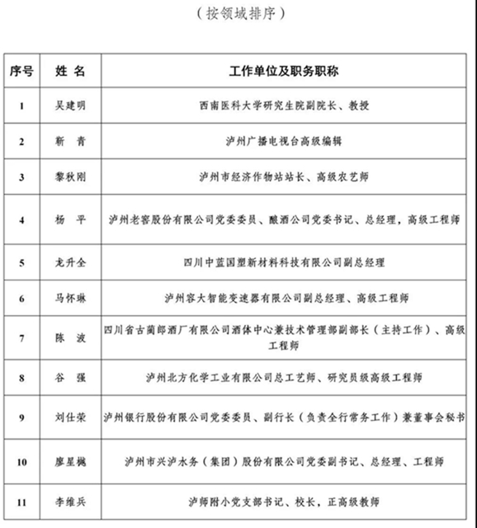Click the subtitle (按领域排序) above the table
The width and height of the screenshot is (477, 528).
coord(238,14)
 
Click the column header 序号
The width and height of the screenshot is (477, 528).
coord(21,71)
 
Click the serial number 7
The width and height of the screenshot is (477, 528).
coord(21,338)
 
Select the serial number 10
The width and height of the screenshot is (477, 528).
coord(21,462)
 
